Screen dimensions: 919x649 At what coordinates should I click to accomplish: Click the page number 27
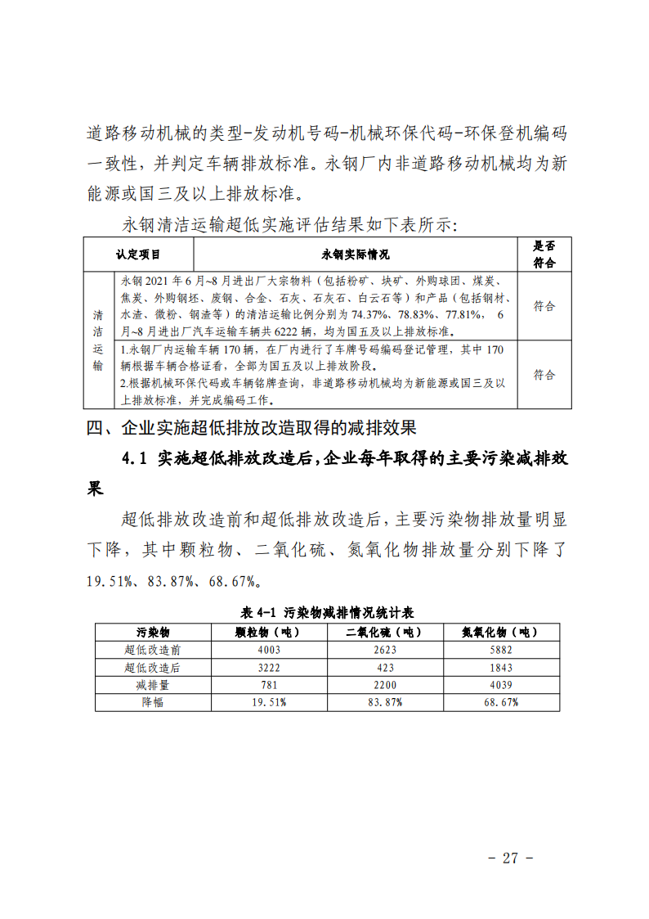pos(511,858)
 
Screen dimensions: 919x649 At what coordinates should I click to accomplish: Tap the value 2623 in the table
pos(383,650)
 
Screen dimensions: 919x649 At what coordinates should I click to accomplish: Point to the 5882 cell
pos(499,650)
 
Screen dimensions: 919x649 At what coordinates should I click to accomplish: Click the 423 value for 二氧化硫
pos(383,667)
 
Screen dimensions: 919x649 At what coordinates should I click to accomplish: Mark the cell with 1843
pos(499,667)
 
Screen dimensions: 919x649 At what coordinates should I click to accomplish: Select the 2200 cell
pos(383,685)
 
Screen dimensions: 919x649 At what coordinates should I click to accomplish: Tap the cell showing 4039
pos(499,685)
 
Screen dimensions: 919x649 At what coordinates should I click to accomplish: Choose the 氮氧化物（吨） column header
pos(499,632)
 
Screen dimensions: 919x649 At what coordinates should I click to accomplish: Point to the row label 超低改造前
pos(153,650)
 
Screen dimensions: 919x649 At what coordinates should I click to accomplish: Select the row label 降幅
pos(153,702)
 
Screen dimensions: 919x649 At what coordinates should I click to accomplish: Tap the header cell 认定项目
pos(138,255)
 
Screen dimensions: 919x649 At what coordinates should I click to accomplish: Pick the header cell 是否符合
pos(544,255)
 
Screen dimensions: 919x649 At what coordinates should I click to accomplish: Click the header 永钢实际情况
pos(356,255)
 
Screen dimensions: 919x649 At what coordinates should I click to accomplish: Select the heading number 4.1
pos(133,459)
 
